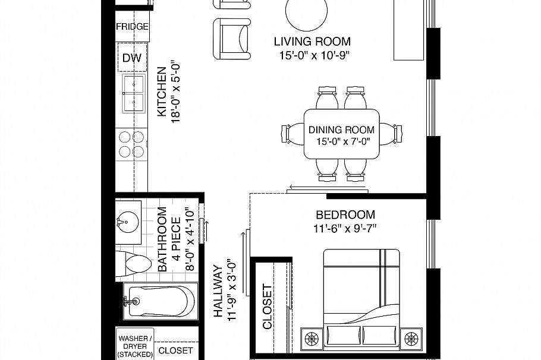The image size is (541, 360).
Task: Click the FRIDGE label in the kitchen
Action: [x=132, y=27]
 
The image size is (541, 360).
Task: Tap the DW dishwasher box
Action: [x=131, y=58]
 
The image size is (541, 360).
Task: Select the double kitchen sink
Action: [x=133, y=93]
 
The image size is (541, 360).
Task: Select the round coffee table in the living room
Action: [x=306, y=14]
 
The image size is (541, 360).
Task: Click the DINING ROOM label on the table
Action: [x=341, y=130]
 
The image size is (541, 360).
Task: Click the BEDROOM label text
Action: [x=345, y=214]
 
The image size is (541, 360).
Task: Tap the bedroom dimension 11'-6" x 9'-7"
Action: [x=345, y=228]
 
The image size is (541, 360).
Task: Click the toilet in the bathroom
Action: [x=134, y=264]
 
